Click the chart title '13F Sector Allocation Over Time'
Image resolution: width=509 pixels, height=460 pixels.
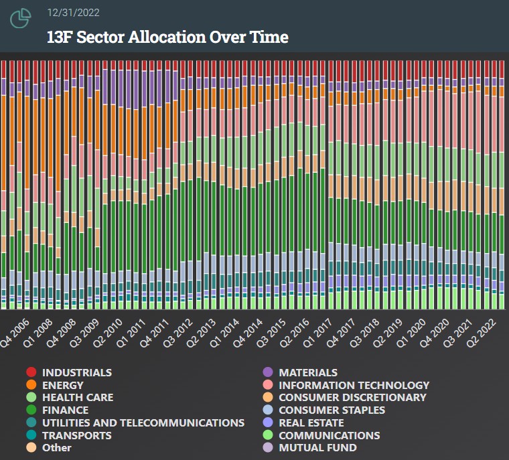pos(167,37)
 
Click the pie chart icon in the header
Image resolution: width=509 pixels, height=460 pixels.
pos(21,18)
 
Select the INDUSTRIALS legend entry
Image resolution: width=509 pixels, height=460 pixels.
pos(76,372)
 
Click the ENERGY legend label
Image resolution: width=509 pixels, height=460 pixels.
pos(62,385)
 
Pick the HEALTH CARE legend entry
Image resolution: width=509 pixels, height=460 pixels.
pos(77,397)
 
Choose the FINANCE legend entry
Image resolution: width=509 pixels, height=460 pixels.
pos(65,410)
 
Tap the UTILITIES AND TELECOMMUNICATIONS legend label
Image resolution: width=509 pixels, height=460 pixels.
pos(143,423)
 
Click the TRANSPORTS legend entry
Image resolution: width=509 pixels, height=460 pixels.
pos(76,435)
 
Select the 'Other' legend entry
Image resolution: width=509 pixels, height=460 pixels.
pos(56,447)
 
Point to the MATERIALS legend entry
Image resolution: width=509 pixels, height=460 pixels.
pos(307,372)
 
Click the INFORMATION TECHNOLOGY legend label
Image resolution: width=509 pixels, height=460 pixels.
pos(354,385)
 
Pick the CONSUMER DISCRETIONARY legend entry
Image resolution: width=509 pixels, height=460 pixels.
pos(352,397)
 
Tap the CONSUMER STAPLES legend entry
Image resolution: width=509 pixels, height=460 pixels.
pos(332,410)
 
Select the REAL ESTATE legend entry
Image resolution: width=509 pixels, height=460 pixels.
pos(311,423)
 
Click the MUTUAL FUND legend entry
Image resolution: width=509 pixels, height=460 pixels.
pos(317,447)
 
